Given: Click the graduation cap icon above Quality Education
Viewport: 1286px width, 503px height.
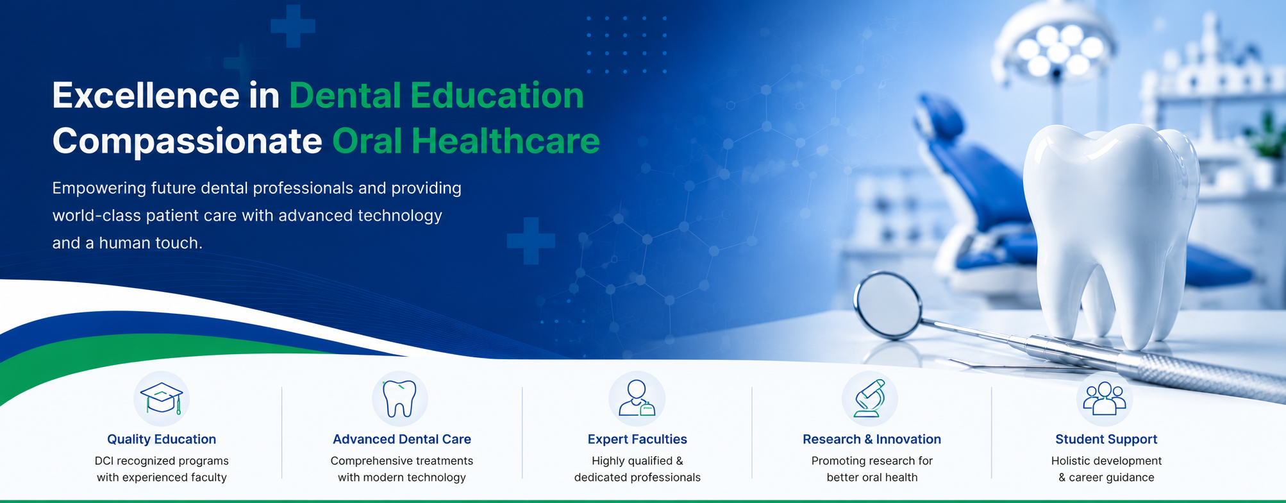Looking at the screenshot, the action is [x=162, y=398].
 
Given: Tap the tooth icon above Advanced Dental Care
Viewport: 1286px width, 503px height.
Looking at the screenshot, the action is [x=399, y=398].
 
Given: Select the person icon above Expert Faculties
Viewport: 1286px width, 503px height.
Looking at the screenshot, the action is [x=637, y=398].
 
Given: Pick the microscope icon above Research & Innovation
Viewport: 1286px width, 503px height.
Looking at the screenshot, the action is [x=869, y=398].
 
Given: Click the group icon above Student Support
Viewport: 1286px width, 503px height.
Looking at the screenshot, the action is [x=1104, y=398].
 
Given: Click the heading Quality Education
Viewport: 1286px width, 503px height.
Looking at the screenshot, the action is [x=162, y=439].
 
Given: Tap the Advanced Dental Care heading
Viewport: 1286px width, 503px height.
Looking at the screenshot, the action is [x=402, y=439].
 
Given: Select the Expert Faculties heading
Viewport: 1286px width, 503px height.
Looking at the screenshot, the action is [x=637, y=439].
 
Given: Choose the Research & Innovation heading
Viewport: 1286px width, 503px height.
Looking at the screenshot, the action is [x=872, y=439].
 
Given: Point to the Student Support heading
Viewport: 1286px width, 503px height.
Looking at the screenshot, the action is [x=1106, y=439].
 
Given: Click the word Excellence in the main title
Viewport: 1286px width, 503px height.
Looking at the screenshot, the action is [x=146, y=96].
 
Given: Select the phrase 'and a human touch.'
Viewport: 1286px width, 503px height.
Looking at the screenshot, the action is [x=128, y=243].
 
